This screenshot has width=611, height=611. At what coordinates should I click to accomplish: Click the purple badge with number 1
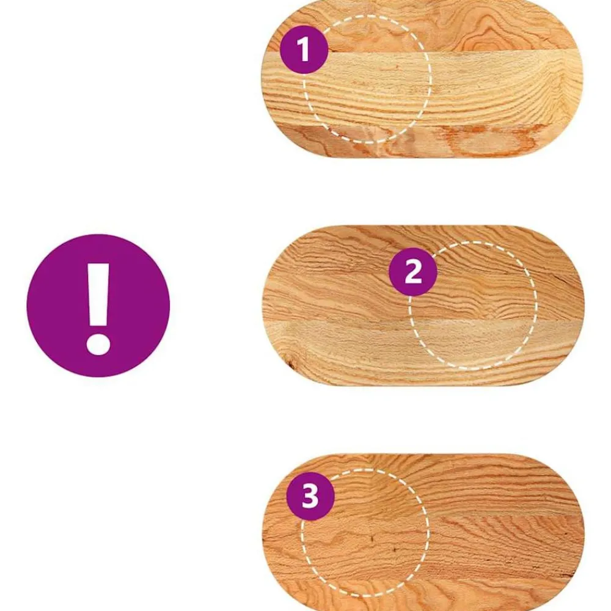point(304,49)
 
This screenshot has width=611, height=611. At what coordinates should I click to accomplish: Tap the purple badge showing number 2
point(413,272)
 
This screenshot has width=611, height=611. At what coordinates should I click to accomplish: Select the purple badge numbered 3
point(310,496)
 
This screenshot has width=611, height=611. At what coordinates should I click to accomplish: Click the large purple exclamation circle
point(98,305)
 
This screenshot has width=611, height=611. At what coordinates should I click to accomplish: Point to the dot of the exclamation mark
point(98,343)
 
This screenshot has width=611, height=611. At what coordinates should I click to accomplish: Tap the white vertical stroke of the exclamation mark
point(98,294)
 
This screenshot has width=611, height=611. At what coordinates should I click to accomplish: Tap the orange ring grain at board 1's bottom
point(492,141)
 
